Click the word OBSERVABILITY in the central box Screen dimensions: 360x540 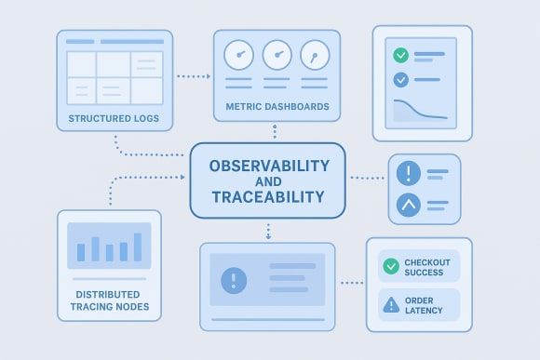pyautogui.click(x=269, y=167)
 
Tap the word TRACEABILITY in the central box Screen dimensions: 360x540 pyautogui.click(x=268, y=197)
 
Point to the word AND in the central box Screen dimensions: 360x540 pyautogui.click(x=269, y=182)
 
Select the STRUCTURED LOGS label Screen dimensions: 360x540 pyautogui.click(x=114, y=120)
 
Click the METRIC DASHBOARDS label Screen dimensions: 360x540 pyautogui.click(x=277, y=107)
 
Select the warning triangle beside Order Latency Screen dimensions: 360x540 pyautogui.click(x=391, y=303)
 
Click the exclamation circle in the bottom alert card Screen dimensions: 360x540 pyautogui.click(x=233, y=279)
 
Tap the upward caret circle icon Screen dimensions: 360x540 pyautogui.click(x=408, y=205)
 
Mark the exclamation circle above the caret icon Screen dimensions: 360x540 pyautogui.click(x=408, y=174)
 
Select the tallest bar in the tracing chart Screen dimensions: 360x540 pyautogui.click(x=138, y=247)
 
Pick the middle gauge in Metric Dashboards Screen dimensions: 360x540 pyautogui.click(x=277, y=55)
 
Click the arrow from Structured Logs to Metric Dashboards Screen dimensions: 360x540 pyautogui.click(x=193, y=75)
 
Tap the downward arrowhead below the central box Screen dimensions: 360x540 pyautogui.click(x=268, y=235)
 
